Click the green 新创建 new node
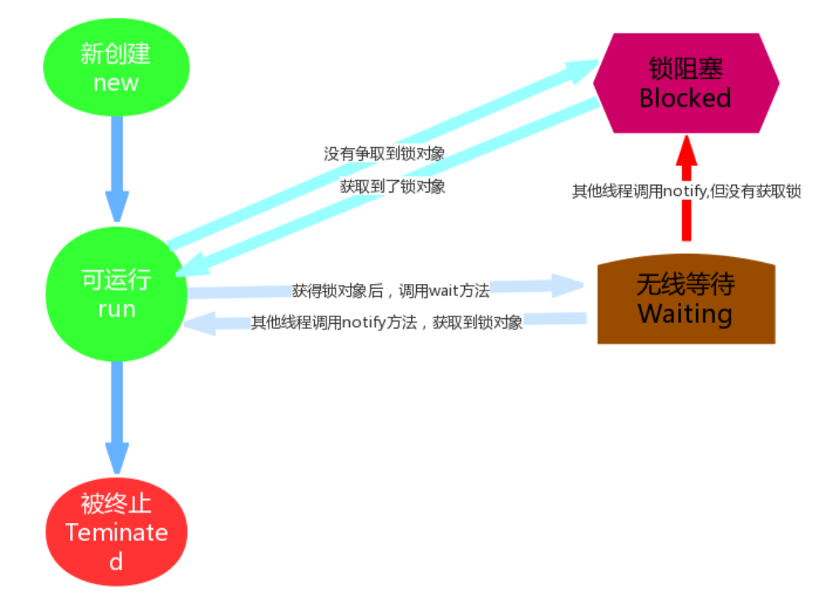tap(116, 68)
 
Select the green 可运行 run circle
tap(116, 295)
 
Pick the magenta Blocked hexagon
tap(686, 83)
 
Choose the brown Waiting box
tap(686, 301)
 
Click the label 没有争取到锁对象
tap(384, 154)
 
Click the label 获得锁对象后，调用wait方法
tap(391, 290)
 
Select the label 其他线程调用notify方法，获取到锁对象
tap(387, 322)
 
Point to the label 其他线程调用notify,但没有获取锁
tap(686, 192)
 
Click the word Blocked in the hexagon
tap(686, 98)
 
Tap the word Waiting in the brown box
tap(686, 314)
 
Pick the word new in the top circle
tap(116, 83)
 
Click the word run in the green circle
tap(116, 309)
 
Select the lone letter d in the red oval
tap(116, 561)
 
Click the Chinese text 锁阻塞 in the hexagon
tap(686, 68)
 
